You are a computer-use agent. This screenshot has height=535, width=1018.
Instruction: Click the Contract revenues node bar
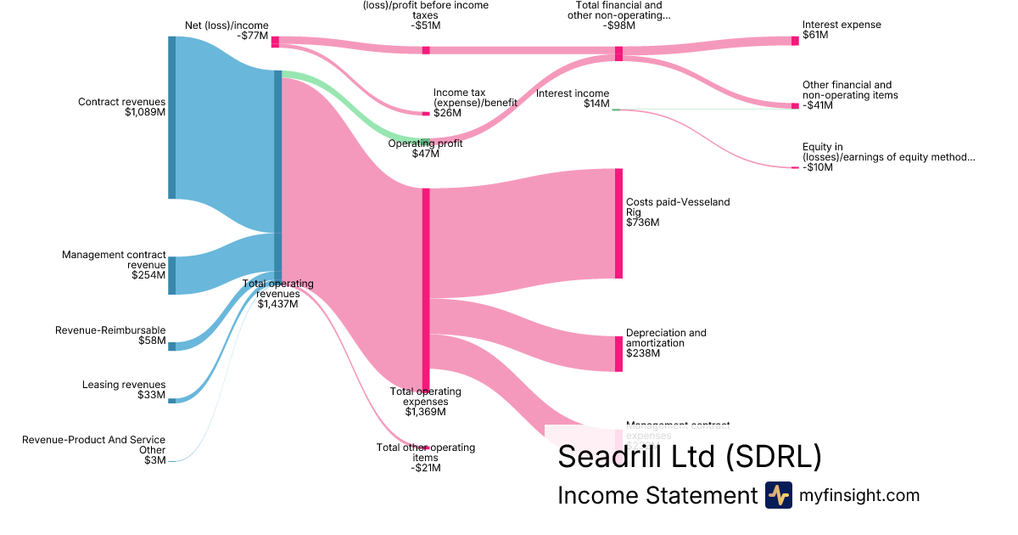tap(172, 118)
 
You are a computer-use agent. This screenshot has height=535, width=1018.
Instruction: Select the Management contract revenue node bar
tap(172, 275)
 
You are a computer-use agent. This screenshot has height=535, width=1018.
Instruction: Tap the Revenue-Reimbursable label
tap(110, 330)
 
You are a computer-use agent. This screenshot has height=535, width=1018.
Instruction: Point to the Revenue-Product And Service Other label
tap(93, 445)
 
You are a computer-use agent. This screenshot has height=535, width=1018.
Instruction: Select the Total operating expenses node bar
tap(426, 289)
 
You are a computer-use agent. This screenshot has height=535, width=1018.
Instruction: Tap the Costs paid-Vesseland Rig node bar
tap(618, 223)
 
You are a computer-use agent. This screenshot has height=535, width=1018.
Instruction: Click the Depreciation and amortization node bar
tap(618, 353)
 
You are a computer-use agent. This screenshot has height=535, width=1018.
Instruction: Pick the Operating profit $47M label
tap(426, 149)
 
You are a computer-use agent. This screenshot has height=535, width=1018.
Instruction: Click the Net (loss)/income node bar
tap(275, 42)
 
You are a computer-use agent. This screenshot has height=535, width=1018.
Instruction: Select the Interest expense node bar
tap(795, 40)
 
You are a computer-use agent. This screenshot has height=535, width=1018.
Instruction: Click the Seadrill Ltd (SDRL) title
tap(689, 457)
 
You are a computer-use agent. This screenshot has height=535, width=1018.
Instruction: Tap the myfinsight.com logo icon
tap(778, 495)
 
